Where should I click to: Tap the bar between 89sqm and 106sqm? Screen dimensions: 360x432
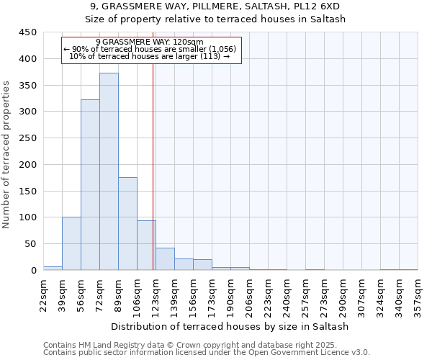[127, 223]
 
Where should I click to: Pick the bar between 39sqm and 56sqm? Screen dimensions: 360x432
[71, 243]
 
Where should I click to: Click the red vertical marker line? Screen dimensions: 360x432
[153, 166]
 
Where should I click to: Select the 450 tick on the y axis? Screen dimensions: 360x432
[27, 32]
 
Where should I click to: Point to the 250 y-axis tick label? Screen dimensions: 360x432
[27, 138]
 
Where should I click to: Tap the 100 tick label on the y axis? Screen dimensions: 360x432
[27, 217]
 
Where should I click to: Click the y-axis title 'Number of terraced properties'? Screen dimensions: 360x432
[6, 154]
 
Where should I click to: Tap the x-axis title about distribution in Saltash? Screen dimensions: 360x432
[230, 326]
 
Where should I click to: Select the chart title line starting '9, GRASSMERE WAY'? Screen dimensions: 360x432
[215, 6]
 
